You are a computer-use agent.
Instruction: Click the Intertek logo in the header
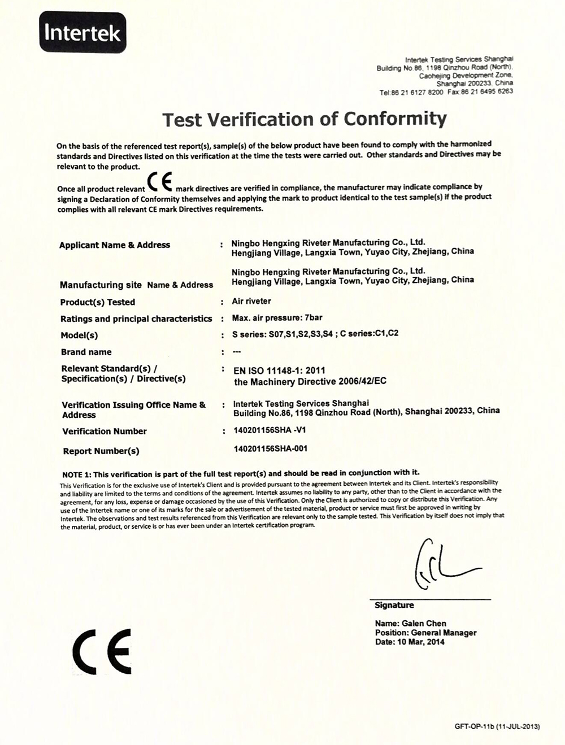pos(82,33)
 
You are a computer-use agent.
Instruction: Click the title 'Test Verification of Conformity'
pos(305,119)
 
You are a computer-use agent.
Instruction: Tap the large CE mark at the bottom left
pos(102,651)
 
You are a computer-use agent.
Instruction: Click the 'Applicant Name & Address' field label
pos(115,245)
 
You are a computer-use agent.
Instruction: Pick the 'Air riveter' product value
pos(251,301)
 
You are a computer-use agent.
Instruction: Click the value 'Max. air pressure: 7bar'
pos(277,318)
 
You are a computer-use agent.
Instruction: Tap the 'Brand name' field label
pos(86,352)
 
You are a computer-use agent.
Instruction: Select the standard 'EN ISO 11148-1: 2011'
pos(280,371)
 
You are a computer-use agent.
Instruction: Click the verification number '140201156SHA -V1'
pos(270,430)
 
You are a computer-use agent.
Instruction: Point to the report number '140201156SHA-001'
pos(270,449)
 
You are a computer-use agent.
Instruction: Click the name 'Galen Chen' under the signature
pos(411,624)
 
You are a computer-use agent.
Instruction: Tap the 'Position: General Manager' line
pos(425,633)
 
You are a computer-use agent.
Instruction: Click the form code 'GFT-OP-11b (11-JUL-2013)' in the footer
pos(497,727)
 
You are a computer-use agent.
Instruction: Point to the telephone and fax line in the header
pos(446,91)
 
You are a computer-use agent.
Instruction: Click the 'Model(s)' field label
pos(79,335)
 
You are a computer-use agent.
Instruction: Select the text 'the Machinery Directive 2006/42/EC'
pos(310,382)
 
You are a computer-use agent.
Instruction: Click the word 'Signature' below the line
pos(394,605)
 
